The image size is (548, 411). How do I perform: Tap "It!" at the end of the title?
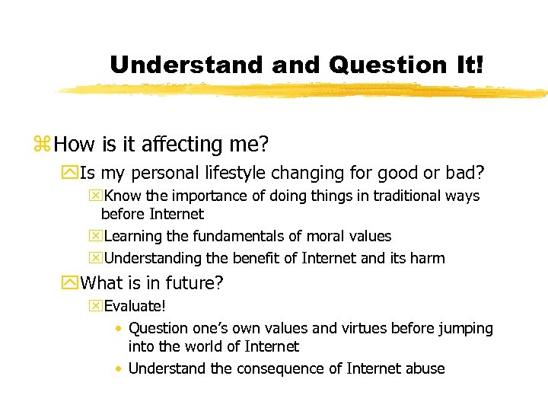point(467,65)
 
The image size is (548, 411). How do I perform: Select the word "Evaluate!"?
point(135,307)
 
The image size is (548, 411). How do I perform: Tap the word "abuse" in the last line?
point(425,368)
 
